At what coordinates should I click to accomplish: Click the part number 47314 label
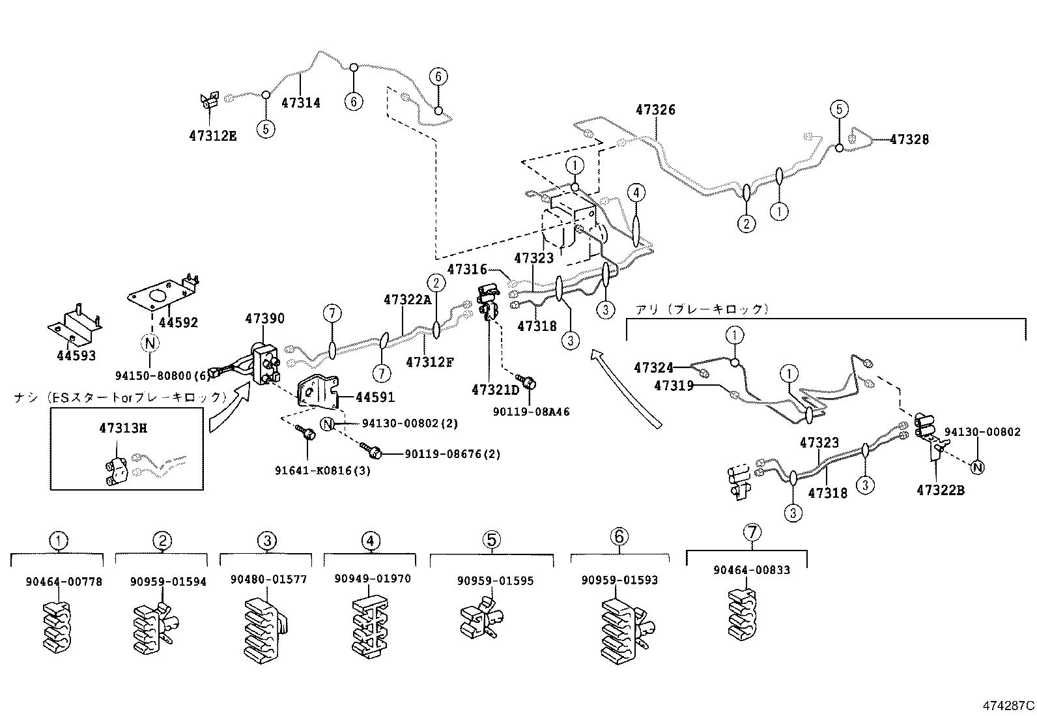[x=300, y=103]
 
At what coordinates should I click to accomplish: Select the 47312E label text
[x=212, y=136]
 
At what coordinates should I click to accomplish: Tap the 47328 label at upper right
[x=909, y=139]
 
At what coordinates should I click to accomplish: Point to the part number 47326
[x=655, y=110]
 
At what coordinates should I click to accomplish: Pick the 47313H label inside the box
[x=123, y=428]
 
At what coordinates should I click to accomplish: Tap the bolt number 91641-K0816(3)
[x=322, y=470]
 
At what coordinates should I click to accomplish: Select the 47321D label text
[x=496, y=390]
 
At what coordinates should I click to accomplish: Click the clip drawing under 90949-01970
[x=371, y=625]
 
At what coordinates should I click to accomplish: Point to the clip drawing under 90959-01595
[x=483, y=620]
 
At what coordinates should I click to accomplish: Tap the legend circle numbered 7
[x=752, y=532]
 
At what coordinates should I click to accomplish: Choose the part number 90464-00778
[x=64, y=582]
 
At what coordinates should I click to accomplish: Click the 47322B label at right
[x=940, y=491]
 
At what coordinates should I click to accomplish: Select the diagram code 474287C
[x=1008, y=706]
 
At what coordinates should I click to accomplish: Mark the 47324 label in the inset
[x=653, y=368]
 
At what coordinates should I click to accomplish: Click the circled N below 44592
[x=150, y=343]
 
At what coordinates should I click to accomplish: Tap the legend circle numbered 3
[x=267, y=540]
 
